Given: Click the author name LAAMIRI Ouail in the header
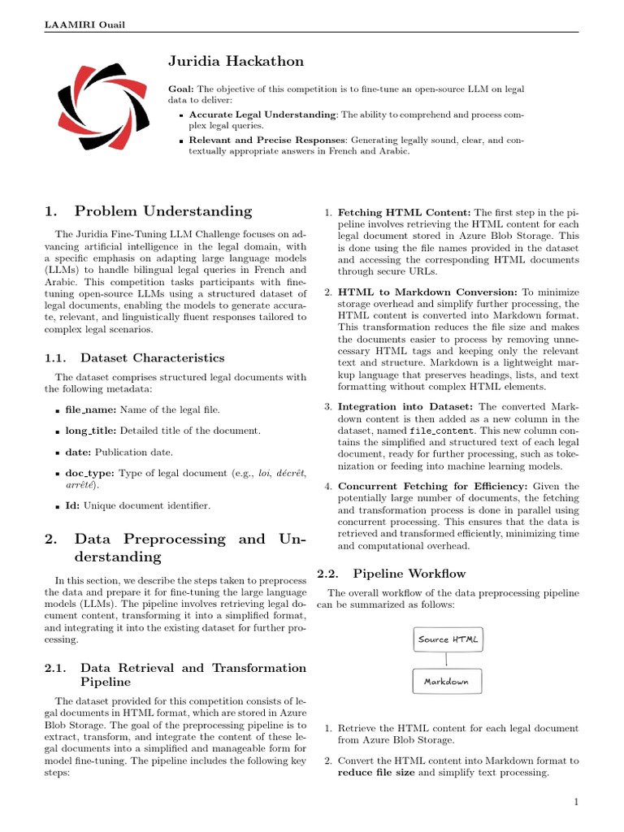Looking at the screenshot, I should coord(79,23).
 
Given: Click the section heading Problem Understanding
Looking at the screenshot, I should coord(162,211).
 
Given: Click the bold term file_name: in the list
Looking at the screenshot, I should coord(90,410).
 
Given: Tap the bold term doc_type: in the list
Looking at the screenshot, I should coord(90,472).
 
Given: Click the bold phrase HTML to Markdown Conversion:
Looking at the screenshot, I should coord(427,292).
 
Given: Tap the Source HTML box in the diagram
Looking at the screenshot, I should coord(448,639).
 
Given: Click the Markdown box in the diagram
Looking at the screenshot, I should coord(447,682).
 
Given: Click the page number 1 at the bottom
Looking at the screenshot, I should coord(575,803).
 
